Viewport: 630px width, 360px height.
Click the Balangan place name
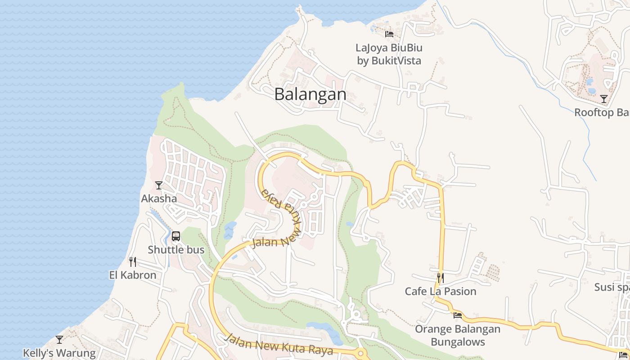click(x=310, y=94)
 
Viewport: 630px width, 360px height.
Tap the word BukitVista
click(x=396, y=61)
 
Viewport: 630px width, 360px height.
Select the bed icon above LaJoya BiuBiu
click(x=389, y=34)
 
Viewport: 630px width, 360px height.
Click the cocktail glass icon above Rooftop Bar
click(x=604, y=99)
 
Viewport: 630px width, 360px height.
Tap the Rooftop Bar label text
click(x=602, y=112)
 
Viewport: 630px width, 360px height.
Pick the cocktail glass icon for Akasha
click(x=159, y=185)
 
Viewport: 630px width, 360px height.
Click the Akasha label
click(x=159, y=198)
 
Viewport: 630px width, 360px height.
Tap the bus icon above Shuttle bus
click(x=176, y=236)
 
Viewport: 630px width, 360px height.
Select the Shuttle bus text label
click(x=176, y=250)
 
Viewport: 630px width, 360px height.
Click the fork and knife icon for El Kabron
click(x=133, y=261)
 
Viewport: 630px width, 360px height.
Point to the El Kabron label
click(x=133, y=275)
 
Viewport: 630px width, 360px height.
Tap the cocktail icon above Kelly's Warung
click(x=59, y=340)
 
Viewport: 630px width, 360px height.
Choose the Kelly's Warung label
click(x=59, y=353)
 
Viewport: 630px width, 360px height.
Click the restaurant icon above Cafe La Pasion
click(x=441, y=278)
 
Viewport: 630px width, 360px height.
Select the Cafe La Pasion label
click(x=441, y=291)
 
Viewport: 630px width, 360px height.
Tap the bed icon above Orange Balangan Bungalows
click(x=458, y=315)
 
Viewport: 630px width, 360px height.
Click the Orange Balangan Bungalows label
click(x=458, y=335)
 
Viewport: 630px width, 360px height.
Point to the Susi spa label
click(x=611, y=287)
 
